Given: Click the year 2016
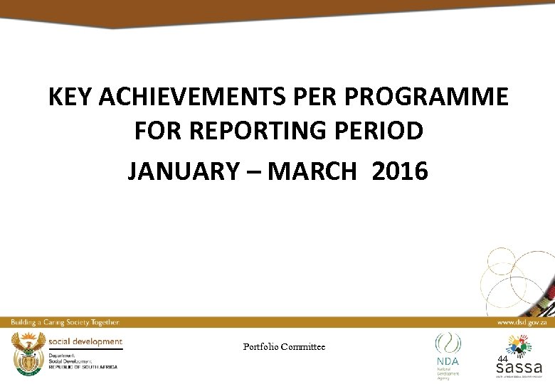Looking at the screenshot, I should coord(399,171).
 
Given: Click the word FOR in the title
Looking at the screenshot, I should coord(156,132).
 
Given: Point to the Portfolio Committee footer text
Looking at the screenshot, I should coord(284,346).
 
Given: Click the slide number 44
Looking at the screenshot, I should coord(502,359).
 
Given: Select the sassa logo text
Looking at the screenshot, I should coord(519,368).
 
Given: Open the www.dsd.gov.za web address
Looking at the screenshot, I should coord(522,322).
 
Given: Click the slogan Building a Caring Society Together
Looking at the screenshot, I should coord(65,322).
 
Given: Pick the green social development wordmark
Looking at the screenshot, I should coord(85,341).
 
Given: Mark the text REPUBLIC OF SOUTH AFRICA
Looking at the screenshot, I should coord(83,366).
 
